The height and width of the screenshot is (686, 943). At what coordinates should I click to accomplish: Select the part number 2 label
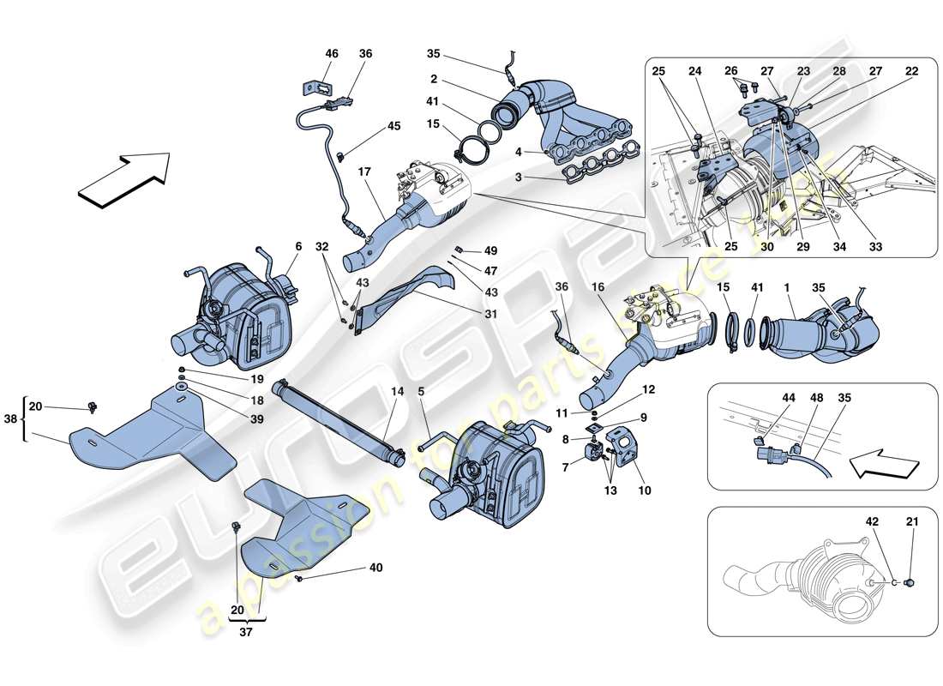click(434, 80)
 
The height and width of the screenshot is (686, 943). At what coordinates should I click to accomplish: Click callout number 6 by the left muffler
click(297, 247)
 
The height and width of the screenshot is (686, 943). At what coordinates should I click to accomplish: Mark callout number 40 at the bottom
click(376, 566)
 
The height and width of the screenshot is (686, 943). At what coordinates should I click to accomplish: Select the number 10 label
click(644, 491)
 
